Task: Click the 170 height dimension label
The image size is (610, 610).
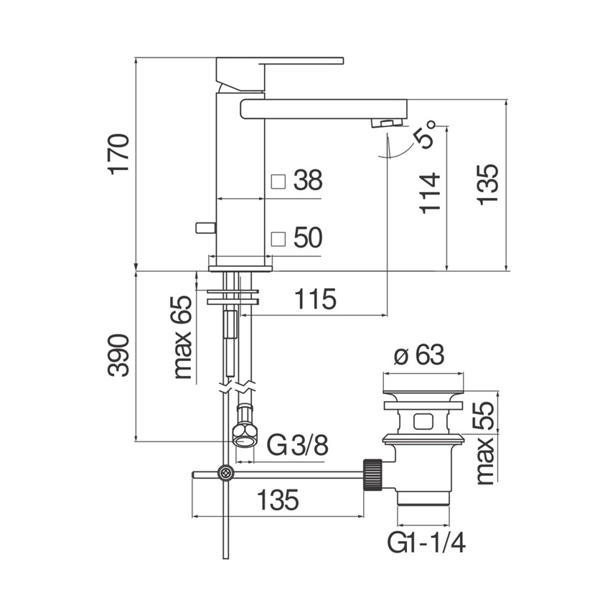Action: [119, 153]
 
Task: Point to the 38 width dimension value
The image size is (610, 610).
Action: [307, 181]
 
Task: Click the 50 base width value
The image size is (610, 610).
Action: [307, 238]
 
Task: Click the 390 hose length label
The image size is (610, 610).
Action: [119, 355]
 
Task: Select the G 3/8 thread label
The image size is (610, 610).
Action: [298, 446]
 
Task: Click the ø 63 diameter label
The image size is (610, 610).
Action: [420, 355]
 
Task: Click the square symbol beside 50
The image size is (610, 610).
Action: [278, 238]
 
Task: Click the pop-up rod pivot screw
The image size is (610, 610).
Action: [227, 474]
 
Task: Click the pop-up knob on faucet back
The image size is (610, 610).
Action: [205, 227]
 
